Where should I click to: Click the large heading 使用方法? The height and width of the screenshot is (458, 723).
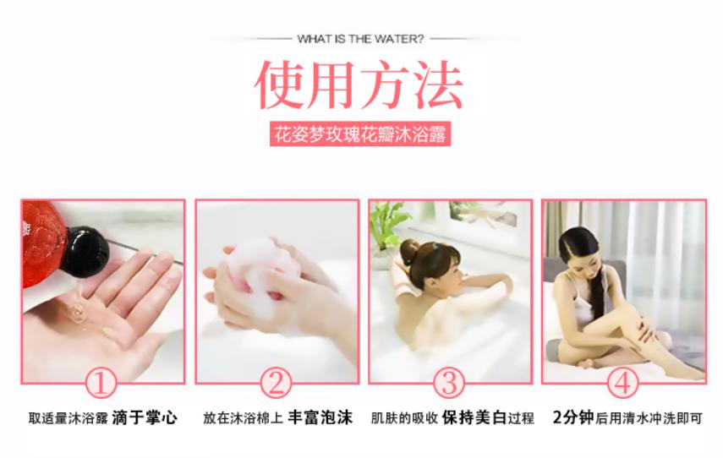(359, 85)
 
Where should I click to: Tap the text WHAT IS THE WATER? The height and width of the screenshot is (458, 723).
(360, 38)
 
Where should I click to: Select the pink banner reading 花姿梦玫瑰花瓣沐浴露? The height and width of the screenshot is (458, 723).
(360, 134)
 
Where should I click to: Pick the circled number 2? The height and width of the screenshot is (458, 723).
(275, 383)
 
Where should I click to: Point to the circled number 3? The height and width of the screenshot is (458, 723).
(449, 383)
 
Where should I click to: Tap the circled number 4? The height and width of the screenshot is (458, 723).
(623, 383)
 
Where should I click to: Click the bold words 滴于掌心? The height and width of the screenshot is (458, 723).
(145, 417)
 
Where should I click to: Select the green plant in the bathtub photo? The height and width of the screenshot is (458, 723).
(390, 225)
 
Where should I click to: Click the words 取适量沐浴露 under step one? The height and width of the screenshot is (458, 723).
(67, 418)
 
